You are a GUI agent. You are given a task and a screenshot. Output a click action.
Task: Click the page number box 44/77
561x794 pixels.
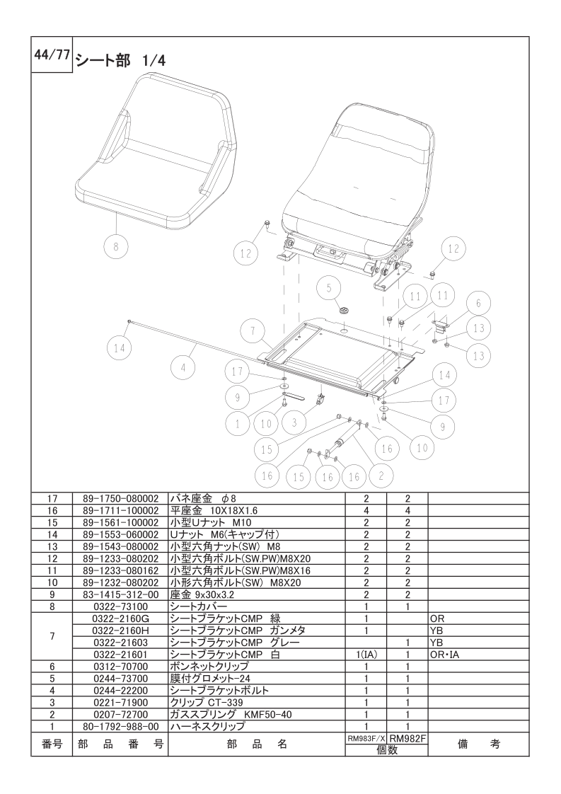click(52, 54)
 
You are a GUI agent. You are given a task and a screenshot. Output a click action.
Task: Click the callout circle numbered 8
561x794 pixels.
click(116, 246)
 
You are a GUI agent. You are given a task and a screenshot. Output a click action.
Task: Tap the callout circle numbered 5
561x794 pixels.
click(329, 288)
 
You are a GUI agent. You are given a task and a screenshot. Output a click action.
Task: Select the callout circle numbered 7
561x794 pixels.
click(253, 332)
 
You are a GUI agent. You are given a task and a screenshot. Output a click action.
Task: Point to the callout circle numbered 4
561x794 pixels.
click(183, 368)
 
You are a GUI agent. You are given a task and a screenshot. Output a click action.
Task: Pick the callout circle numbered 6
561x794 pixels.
click(478, 304)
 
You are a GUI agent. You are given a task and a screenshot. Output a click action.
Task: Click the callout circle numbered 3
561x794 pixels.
click(295, 422)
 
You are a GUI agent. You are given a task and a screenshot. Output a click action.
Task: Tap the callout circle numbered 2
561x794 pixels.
click(381, 476)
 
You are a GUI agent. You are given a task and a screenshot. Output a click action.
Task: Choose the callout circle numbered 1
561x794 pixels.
click(238, 424)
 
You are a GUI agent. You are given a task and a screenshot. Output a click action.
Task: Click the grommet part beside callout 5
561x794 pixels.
click(345, 309)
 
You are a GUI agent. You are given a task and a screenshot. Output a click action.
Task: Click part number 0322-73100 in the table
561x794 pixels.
click(120, 606)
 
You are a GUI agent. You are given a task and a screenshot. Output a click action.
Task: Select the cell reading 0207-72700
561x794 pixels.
click(120, 715)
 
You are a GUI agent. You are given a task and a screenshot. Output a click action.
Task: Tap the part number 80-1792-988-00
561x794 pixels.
click(120, 727)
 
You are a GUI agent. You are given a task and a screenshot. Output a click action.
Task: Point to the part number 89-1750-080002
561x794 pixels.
click(120, 499)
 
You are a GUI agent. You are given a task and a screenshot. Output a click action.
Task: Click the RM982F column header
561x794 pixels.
click(407, 739)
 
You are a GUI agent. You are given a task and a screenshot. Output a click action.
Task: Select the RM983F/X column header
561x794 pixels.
click(366, 739)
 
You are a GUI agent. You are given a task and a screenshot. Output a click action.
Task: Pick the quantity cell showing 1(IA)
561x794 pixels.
click(366, 655)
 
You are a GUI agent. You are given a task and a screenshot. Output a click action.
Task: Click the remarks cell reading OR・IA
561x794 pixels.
click(444, 655)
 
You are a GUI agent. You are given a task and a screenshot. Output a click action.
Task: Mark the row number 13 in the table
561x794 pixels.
click(52, 547)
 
